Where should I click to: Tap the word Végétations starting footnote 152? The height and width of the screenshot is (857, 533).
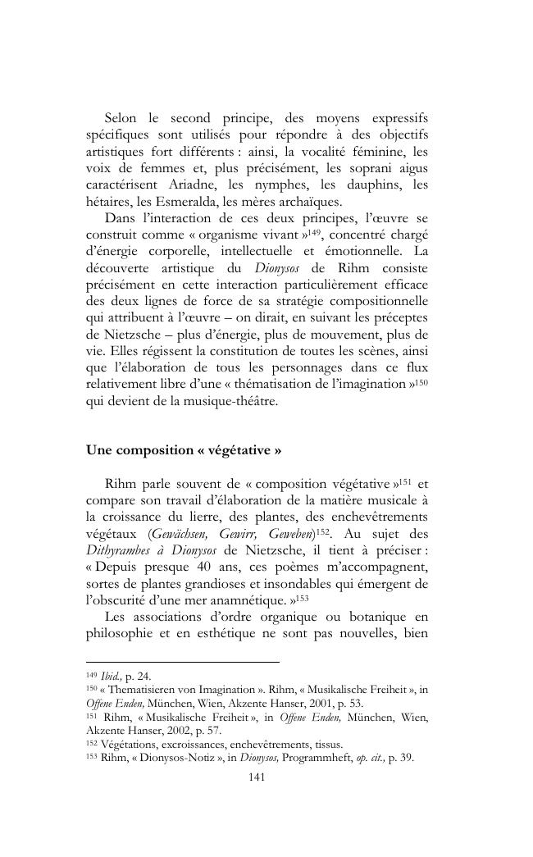[x=127, y=745]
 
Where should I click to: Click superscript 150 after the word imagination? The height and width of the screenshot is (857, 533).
[x=422, y=381]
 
